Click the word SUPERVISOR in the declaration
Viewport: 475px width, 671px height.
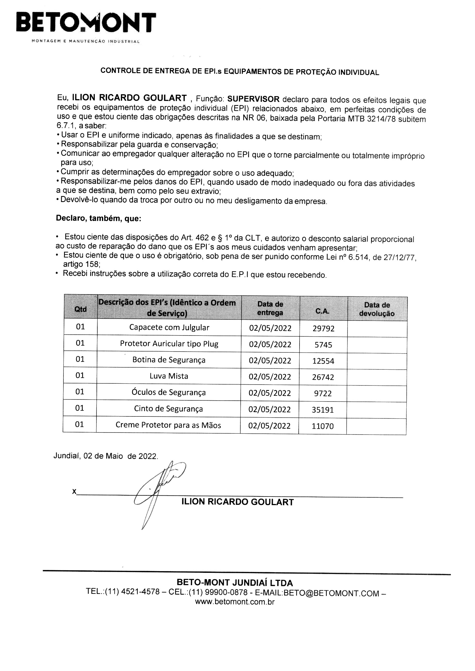(253, 99)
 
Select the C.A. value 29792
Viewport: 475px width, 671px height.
(323, 329)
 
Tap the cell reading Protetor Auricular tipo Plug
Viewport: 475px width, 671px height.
(169, 344)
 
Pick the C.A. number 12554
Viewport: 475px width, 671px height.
(323, 361)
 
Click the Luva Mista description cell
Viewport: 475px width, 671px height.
(169, 376)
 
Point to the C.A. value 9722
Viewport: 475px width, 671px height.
(323, 393)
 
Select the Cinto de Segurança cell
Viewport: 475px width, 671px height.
(169, 409)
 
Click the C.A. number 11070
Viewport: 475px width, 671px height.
(323, 426)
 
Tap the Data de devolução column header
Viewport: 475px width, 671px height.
(377, 309)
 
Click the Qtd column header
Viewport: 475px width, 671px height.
(80, 309)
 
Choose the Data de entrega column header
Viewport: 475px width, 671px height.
(270, 308)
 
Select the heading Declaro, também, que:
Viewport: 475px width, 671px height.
(99, 218)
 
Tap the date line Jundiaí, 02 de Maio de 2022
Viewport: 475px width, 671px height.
(106, 456)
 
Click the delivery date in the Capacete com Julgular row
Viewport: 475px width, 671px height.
(270, 328)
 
